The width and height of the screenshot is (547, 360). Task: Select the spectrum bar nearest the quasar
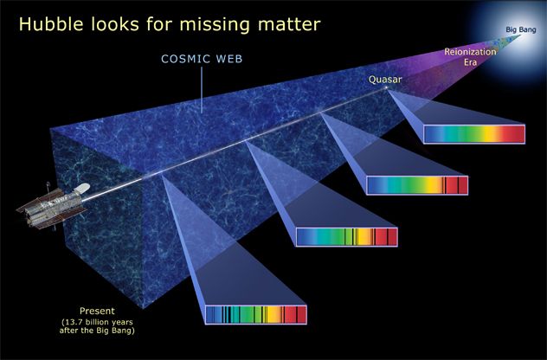(473, 133)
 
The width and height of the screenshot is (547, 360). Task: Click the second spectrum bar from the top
(416, 185)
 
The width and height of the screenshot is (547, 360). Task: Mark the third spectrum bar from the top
(346, 236)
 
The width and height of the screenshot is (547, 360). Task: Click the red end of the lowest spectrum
(296, 315)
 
